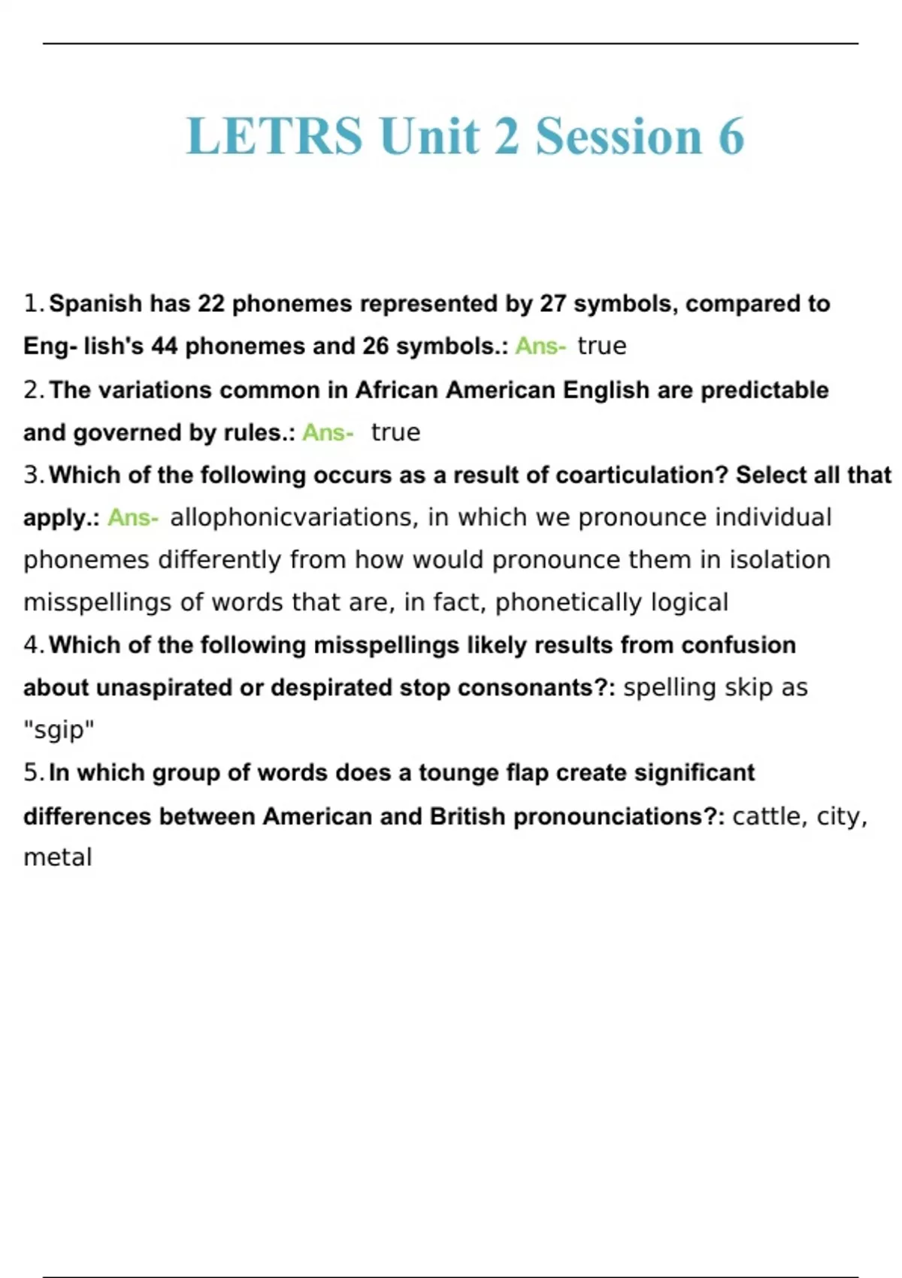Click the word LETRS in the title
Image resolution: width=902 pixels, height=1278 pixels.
tap(274, 136)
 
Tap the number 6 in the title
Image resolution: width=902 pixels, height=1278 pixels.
tap(731, 136)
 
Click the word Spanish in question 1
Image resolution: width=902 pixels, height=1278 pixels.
tap(95, 304)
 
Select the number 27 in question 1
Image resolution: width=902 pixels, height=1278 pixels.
tap(552, 304)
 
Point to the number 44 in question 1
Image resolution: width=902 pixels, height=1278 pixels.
tap(164, 346)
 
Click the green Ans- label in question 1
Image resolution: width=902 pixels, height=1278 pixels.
tap(540, 346)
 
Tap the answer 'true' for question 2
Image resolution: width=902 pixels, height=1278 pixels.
tap(395, 432)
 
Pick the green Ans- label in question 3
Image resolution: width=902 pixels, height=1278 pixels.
tap(132, 517)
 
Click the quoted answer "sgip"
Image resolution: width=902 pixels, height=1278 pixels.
tap(59, 730)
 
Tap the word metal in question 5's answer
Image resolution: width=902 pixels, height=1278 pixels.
tap(58, 858)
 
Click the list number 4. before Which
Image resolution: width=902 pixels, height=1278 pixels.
tap(34, 645)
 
